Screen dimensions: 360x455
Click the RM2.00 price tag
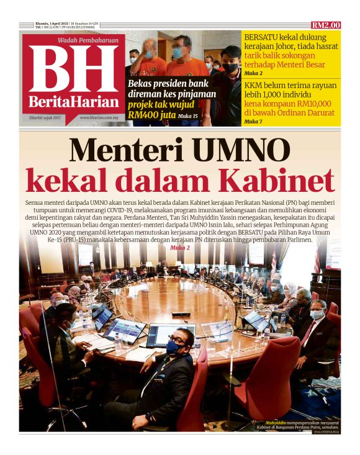point(326,25)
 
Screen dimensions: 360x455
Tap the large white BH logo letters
point(73,70)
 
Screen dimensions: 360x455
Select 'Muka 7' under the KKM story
point(253,122)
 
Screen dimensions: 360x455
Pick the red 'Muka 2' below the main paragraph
point(179,247)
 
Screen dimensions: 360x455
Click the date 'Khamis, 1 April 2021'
point(52,24)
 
